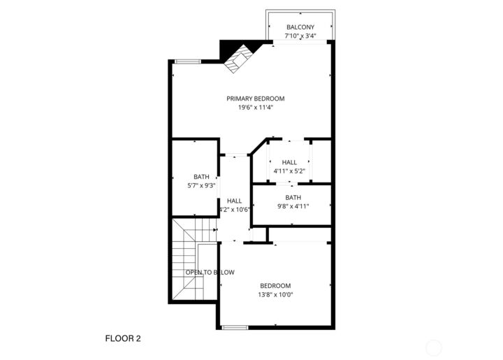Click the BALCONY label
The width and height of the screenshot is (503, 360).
pos(300,27)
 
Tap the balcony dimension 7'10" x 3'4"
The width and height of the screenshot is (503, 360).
pos(300,36)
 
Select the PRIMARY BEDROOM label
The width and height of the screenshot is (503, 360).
pos(255,99)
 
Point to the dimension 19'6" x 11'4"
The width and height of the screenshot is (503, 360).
pos(255,108)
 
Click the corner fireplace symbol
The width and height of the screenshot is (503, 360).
pos(240,55)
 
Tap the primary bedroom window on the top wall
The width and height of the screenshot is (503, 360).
pos(187,62)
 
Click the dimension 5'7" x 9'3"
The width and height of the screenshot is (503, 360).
pos(201,186)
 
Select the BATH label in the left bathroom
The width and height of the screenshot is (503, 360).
pos(201,177)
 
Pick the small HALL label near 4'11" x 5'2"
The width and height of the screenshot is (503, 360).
pos(289,162)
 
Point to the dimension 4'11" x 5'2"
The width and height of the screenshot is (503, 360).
pos(289,171)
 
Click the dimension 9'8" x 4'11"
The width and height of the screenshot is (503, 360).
pos(293,206)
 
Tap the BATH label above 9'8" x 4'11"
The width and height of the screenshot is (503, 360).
pos(293,197)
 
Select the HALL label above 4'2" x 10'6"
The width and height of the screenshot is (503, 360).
pos(234,201)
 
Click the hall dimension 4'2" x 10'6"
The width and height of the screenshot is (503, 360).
pos(234,209)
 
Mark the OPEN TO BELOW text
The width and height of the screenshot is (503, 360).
pos(210,272)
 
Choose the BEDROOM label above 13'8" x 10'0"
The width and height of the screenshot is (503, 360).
pos(275,285)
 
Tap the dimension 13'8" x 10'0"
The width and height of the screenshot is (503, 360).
pos(275,294)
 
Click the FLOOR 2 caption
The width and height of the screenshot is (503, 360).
pos(123,339)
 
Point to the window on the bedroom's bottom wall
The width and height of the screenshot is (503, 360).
pos(234,327)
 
